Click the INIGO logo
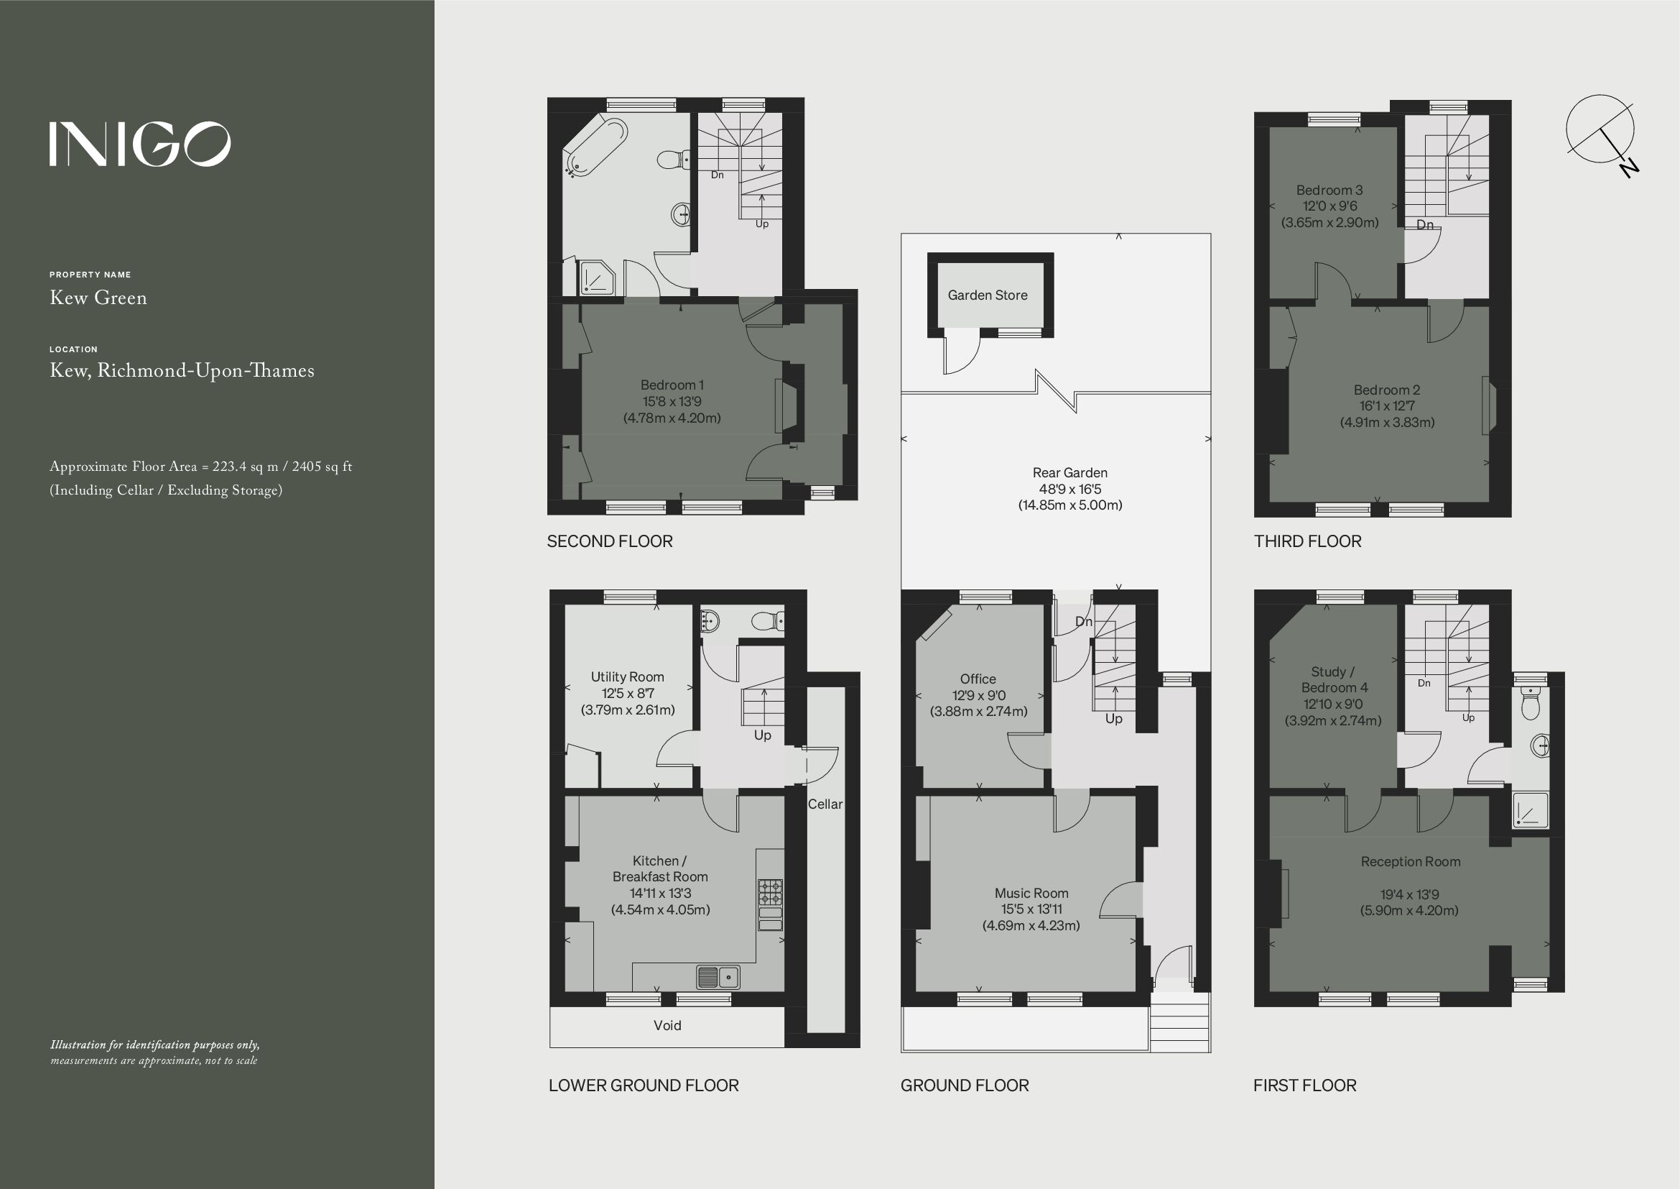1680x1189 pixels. (x=140, y=144)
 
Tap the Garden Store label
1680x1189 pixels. (x=987, y=295)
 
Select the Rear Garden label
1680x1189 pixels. (x=1069, y=473)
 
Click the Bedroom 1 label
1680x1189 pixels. (x=672, y=385)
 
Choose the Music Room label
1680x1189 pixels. (x=1031, y=894)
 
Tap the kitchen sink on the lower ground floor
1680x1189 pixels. (x=718, y=977)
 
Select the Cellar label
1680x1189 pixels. (x=825, y=804)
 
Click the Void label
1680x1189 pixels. (x=667, y=1026)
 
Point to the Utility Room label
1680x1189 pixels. (x=627, y=677)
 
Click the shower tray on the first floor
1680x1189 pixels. (x=1530, y=810)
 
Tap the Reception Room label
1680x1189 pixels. (x=1410, y=862)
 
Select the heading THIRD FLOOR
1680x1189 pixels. (x=1307, y=542)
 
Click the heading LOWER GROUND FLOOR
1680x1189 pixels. (x=643, y=1085)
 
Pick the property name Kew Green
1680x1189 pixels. (x=98, y=298)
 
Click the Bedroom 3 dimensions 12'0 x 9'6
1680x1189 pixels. (x=1329, y=206)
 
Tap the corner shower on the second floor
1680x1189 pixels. (x=597, y=278)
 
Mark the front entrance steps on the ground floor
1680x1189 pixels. (x=1179, y=1025)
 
